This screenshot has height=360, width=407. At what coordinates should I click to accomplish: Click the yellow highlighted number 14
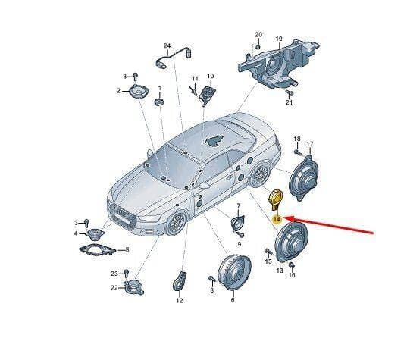277,220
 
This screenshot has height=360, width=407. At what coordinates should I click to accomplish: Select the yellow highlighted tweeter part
275,199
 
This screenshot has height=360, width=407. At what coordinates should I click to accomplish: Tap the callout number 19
279,39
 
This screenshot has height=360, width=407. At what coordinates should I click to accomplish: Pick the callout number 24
167,45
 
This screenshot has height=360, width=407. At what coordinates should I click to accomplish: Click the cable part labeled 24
173,58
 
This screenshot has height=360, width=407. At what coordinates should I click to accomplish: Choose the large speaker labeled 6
234,272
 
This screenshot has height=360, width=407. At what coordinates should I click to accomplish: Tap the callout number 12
180,301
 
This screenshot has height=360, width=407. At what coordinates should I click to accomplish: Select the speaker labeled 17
303,178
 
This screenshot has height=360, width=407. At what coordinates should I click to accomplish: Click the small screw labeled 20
258,47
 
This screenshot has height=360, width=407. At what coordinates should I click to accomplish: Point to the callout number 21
289,102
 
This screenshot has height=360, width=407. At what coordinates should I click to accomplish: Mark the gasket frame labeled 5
97,250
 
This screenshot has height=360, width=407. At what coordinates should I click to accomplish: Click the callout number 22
114,288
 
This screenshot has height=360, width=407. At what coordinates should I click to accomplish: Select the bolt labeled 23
127,274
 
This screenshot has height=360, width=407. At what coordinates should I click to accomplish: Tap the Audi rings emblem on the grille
124,212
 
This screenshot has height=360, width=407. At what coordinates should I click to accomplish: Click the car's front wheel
177,224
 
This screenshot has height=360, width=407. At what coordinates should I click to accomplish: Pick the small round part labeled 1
158,102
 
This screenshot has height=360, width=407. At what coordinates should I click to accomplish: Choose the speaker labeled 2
139,92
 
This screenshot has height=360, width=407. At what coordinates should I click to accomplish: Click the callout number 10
210,76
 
